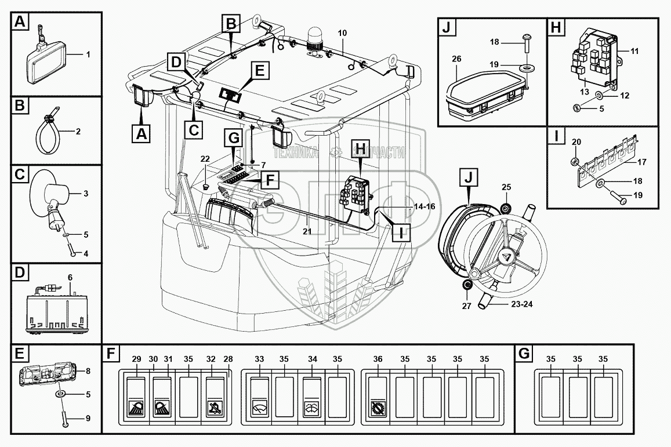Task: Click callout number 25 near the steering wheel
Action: [x=506, y=187]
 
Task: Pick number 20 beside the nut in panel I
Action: [x=575, y=142]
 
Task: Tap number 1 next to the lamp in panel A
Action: [x=88, y=54]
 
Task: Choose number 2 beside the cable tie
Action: [x=77, y=132]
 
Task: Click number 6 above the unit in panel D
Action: [x=70, y=278]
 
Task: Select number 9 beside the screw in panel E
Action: [x=88, y=417]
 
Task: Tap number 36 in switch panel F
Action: [x=378, y=359]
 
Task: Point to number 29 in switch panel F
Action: [x=136, y=359]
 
